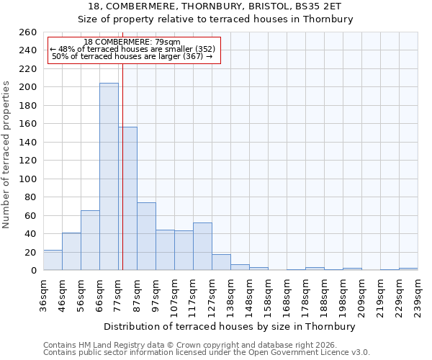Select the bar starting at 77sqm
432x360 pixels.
(x=128, y=198)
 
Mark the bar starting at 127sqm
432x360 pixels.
(x=221, y=262)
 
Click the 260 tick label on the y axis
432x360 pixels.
(x=27, y=32)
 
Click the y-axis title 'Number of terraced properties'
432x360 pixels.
(x=6, y=155)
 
